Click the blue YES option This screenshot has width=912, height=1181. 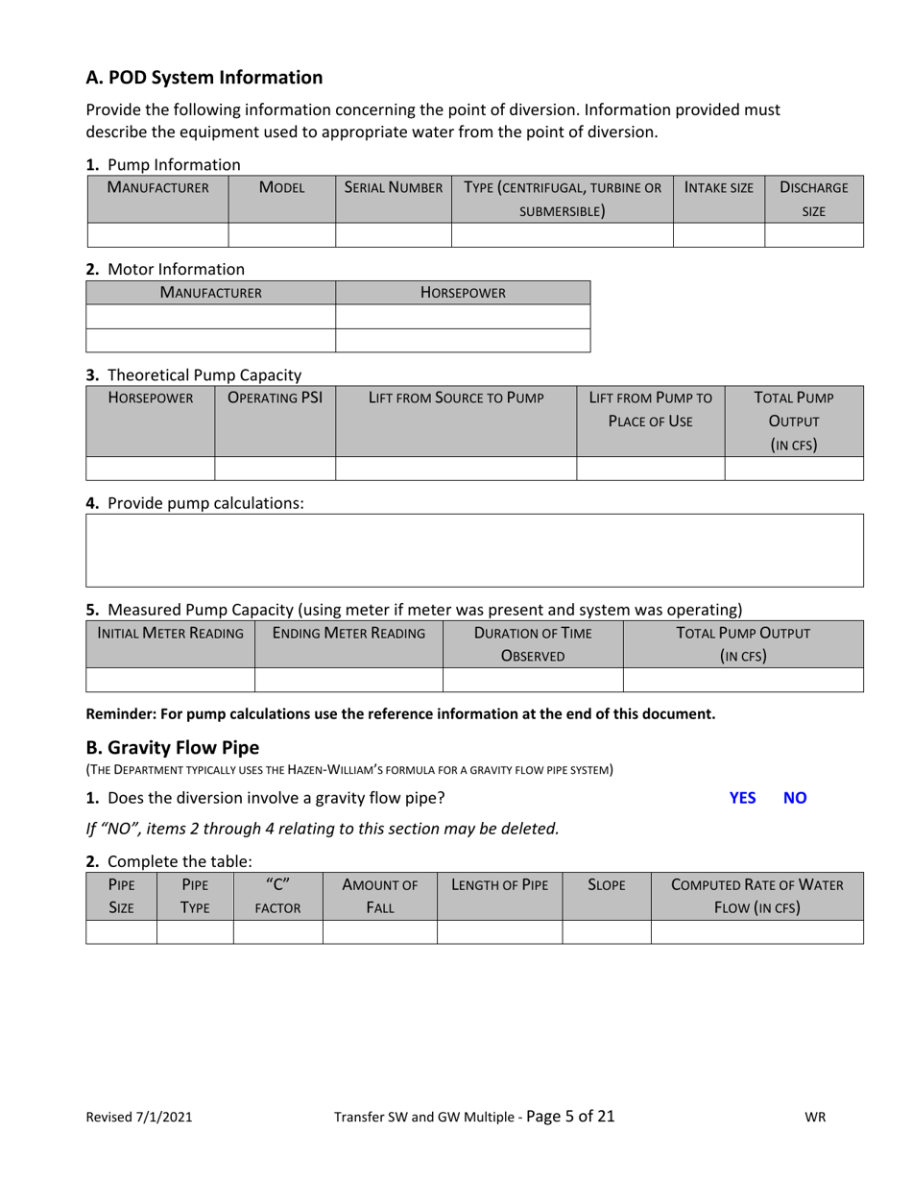coord(742,797)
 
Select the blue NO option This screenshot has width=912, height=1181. coord(795,797)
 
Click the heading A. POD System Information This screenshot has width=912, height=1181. coord(204,77)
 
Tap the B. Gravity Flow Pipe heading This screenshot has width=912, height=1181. coord(173,747)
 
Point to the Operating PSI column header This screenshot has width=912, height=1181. coord(275,397)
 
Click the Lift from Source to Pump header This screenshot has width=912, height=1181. coord(455,397)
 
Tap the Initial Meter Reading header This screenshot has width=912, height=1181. coord(170,633)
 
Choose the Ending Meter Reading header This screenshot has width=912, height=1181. coord(348,633)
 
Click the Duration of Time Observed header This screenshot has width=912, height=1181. coord(532,643)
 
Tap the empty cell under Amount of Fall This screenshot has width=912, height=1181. coord(379,931)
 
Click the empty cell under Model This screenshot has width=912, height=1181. coord(280,234)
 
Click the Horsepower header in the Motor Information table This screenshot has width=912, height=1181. coord(463,292)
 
